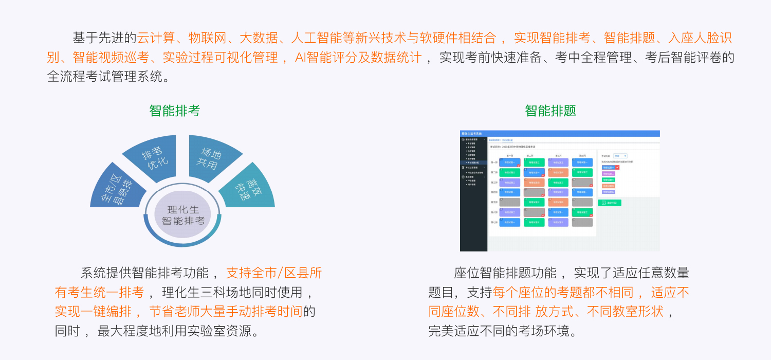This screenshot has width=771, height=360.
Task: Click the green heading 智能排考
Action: pyautogui.click(x=175, y=111)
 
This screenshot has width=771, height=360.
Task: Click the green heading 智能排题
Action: pyautogui.click(x=550, y=111)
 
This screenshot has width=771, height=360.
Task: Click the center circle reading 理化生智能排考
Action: pyautogui.click(x=183, y=215)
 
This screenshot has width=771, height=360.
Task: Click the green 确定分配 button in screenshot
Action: pyautogui.click(x=610, y=203)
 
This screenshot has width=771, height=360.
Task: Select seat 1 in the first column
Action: pyautogui.click(x=509, y=163)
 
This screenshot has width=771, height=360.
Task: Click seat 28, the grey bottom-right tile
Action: pyautogui.click(x=582, y=222)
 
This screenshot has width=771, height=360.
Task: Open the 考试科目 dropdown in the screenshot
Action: pyautogui.click(x=620, y=156)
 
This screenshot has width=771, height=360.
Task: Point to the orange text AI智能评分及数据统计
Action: pyautogui.click(x=358, y=57)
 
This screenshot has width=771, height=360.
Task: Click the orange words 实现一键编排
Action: pyautogui.click(x=93, y=311)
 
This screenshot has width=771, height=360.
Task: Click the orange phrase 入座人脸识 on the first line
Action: pyautogui.click(x=700, y=38)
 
